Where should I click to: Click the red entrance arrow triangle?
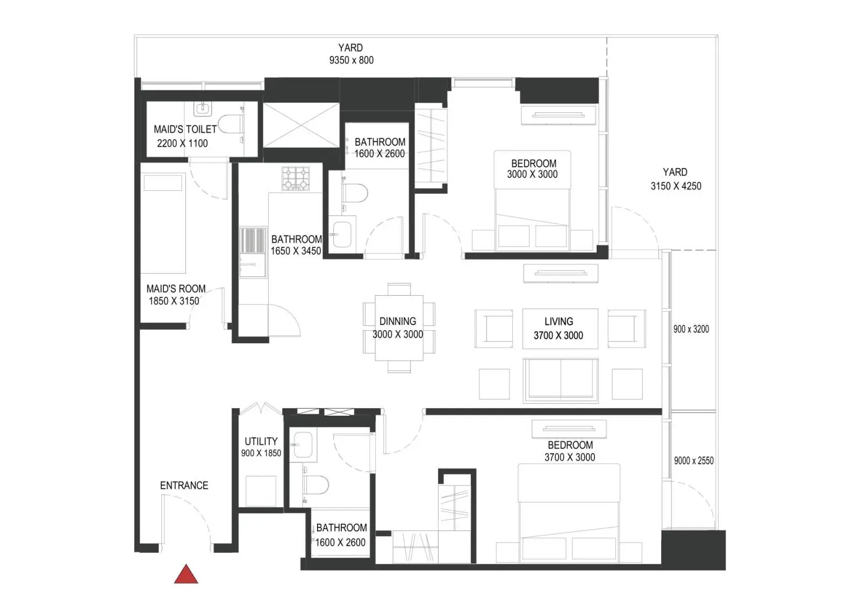[186, 574]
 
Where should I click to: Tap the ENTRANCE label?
[184, 485]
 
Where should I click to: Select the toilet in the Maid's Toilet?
[231, 124]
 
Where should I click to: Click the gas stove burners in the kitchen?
[296, 178]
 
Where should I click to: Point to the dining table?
[399, 328]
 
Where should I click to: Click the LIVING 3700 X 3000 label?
[558, 329]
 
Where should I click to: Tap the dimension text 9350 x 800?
[352, 60]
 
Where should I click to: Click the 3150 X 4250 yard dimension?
[676, 186]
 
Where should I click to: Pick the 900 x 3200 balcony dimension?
[691, 329]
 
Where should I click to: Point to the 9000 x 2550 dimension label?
[694, 461]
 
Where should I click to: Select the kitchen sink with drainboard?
[252, 252]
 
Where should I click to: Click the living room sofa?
[561, 380]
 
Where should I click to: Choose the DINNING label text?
[398, 321]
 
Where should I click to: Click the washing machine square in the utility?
[261, 491]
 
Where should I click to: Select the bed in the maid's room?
[163, 223]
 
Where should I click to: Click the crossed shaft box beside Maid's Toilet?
[301, 125]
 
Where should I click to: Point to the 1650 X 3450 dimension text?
[296, 251]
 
